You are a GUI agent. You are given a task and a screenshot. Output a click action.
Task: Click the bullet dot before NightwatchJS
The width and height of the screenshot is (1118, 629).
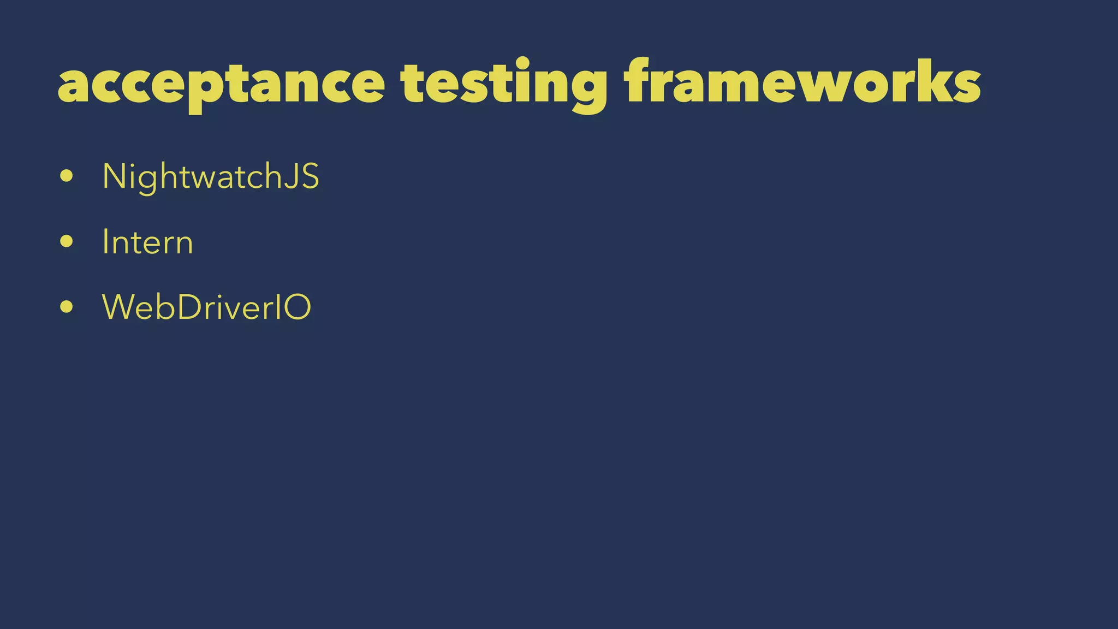coord(67,176)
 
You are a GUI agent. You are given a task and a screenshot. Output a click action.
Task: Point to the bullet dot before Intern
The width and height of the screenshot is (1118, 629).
coord(67,242)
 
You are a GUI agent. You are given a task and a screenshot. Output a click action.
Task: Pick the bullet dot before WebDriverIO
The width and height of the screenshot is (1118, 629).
coord(67,307)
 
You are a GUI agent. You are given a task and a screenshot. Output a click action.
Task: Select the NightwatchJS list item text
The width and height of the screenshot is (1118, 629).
coord(211,177)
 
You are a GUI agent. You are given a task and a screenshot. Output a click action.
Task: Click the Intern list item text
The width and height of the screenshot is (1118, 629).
coord(147,242)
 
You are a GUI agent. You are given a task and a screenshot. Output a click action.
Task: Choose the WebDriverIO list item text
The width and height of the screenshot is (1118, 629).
coord(206,307)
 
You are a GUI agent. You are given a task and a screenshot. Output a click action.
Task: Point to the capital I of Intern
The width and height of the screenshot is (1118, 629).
coord(105,242)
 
